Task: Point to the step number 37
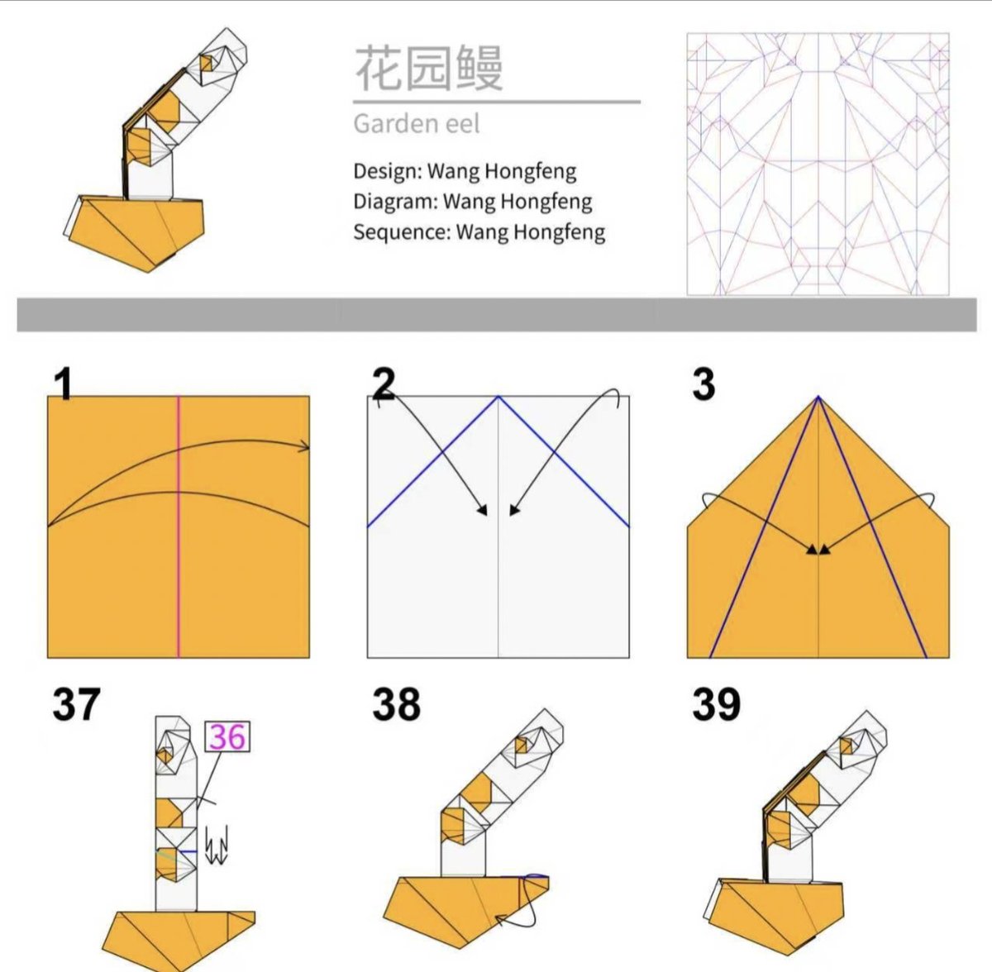coord(76,704)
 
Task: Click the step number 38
coord(397,704)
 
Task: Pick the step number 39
coord(716,704)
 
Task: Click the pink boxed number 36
coord(227,736)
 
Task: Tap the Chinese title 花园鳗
coord(429,68)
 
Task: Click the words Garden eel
coord(417,123)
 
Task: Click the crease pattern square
coord(818,164)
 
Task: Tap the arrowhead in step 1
coord(305,447)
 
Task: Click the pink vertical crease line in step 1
coord(179,526)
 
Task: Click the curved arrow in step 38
coord(523,898)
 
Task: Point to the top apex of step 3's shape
coord(818,396)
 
